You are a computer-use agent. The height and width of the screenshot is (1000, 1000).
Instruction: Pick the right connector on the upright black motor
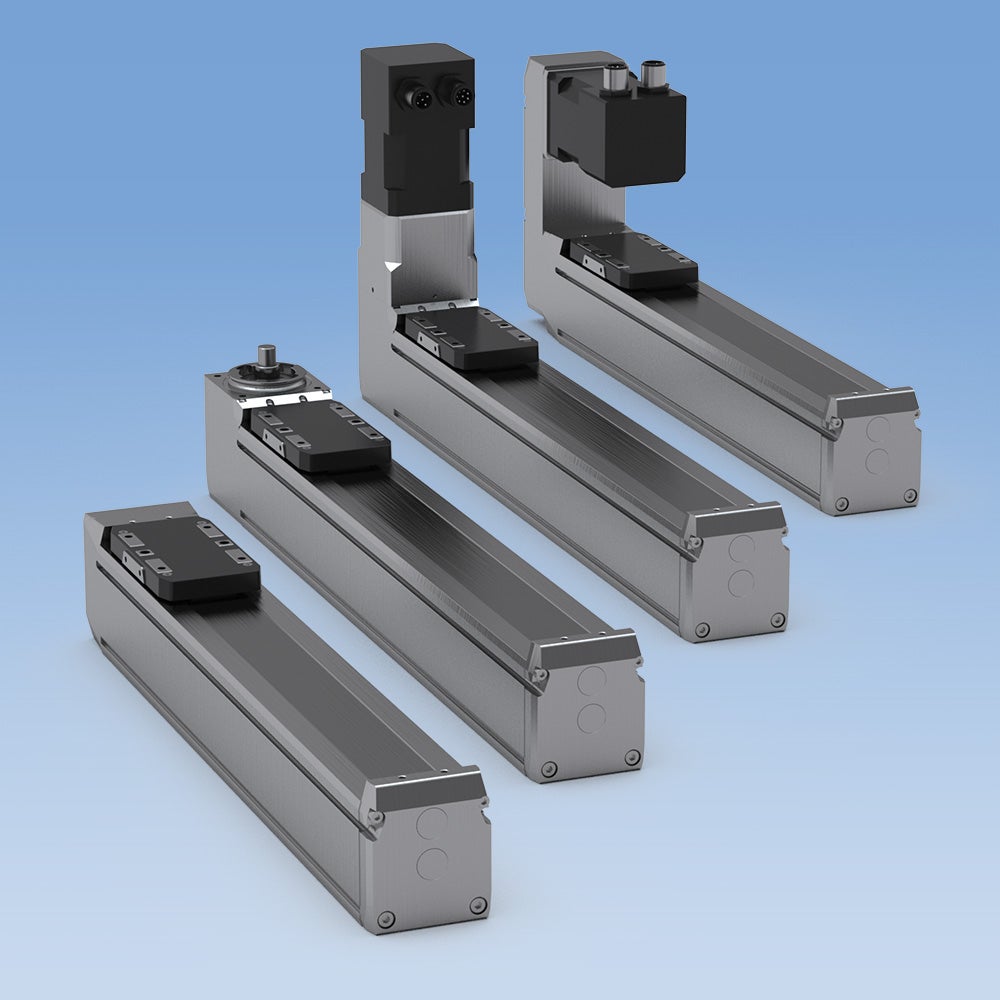click(x=462, y=96)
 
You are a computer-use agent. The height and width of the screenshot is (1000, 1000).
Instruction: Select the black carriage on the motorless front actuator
click(x=185, y=560)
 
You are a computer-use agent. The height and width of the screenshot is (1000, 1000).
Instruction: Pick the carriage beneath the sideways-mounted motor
click(x=628, y=260)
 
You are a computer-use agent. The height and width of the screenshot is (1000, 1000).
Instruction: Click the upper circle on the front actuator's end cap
click(x=434, y=824)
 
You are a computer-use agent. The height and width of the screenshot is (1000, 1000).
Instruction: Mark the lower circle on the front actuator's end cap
click(x=432, y=863)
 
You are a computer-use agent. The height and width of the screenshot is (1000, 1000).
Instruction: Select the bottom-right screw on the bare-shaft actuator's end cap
click(x=631, y=757)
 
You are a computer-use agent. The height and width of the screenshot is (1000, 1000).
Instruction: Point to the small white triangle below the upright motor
click(x=390, y=266)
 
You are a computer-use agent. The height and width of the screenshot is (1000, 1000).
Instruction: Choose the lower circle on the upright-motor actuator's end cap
click(x=742, y=584)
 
